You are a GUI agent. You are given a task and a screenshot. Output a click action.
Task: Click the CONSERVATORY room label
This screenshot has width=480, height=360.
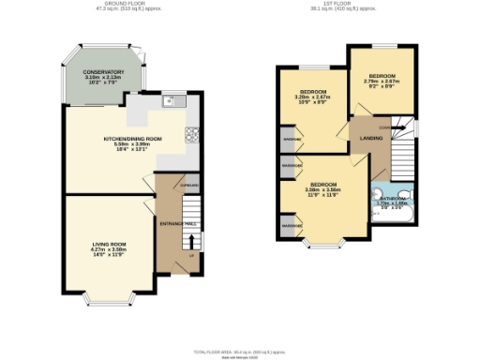click(x=102, y=72)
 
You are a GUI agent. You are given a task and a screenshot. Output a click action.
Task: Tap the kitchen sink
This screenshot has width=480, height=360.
click(x=170, y=100)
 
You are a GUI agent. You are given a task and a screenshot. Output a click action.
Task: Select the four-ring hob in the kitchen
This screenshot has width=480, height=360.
click(x=193, y=134)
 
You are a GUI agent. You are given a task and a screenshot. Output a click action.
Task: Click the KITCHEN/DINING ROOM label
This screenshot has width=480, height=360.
click(x=132, y=139)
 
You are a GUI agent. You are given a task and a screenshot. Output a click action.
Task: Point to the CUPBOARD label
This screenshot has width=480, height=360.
click(x=190, y=186)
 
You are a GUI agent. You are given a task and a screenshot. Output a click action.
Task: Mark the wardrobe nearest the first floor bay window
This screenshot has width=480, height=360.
click(x=286, y=225)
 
